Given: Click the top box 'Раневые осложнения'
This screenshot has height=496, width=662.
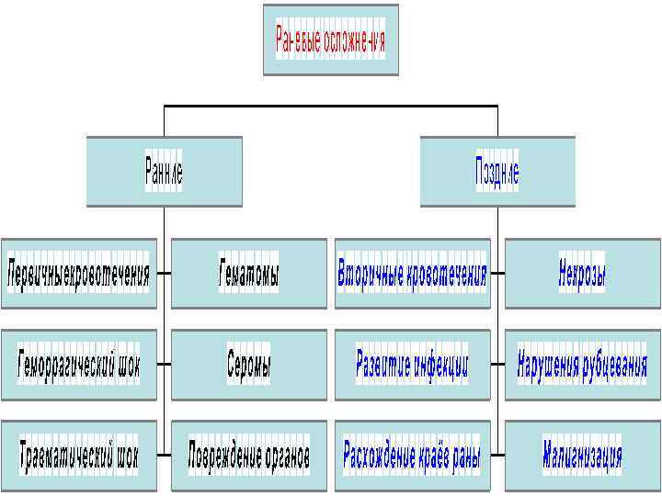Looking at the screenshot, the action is click(x=331, y=40).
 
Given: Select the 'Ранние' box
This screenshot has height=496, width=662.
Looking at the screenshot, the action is click(x=164, y=172).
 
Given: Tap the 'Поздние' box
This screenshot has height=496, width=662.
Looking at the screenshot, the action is click(x=496, y=172).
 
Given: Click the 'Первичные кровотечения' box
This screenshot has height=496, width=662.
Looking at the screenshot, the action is click(x=78, y=273).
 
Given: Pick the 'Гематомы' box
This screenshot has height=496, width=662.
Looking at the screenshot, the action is click(x=248, y=273).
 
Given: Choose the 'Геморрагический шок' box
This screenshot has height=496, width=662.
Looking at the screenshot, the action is click(x=78, y=364).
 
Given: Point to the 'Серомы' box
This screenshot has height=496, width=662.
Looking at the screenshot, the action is click(x=248, y=364).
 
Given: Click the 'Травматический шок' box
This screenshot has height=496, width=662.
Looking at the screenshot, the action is click(x=78, y=454).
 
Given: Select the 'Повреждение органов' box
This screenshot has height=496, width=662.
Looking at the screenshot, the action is click(x=248, y=454).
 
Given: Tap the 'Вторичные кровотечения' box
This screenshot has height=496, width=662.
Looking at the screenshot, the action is click(x=412, y=273).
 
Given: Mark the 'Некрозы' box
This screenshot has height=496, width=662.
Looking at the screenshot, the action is click(x=582, y=273).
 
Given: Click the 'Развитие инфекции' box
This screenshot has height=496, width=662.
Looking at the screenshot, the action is click(x=412, y=364).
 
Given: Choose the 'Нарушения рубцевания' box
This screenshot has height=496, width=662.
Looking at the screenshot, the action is click(x=582, y=364).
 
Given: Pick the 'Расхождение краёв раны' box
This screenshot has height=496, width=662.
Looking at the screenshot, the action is click(x=412, y=454).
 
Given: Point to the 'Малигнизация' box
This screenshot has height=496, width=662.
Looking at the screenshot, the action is click(x=582, y=454).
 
